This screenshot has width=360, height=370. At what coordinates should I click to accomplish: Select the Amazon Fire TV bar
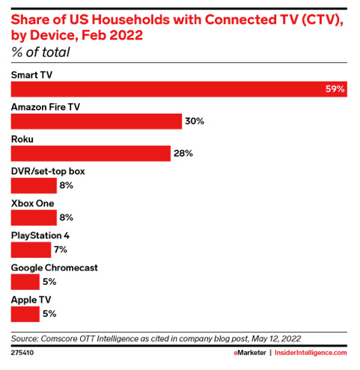(x=97, y=121)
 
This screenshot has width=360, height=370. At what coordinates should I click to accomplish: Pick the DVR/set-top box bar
(x=34, y=185)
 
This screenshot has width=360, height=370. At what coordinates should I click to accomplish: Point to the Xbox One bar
(x=34, y=218)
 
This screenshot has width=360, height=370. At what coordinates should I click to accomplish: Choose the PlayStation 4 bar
(x=31, y=250)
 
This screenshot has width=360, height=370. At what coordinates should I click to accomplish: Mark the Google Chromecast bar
(x=25, y=282)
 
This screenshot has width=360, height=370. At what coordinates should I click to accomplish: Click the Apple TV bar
(x=25, y=314)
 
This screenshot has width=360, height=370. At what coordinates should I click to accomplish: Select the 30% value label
(x=195, y=121)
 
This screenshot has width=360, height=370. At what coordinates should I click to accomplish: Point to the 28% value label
(x=184, y=153)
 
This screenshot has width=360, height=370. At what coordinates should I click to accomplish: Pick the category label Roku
(x=22, y=139)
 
